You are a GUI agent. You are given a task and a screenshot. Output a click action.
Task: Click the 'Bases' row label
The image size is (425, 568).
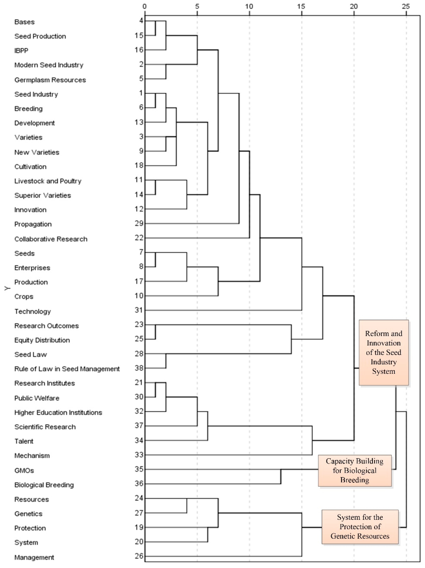(24, 22)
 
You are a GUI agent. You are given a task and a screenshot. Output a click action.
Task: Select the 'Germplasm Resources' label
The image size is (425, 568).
(50, 80)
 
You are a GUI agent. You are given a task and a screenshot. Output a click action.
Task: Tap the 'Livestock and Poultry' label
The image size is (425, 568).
(48, 181)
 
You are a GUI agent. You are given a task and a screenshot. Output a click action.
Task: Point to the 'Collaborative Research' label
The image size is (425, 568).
(51, 239)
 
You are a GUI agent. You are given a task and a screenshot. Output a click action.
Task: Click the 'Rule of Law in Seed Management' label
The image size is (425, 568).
(67, 369)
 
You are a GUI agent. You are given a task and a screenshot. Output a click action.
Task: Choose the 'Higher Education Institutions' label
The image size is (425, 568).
(58, 413)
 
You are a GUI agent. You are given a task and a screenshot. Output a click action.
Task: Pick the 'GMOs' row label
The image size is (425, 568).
(24, 470)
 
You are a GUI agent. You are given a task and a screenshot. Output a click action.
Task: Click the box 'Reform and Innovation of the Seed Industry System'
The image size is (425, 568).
(384, 352)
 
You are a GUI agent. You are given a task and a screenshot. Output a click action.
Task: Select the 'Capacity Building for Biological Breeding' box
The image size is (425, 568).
(355, 470)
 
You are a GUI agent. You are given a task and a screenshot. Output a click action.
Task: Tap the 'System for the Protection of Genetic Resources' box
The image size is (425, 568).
(360, 527)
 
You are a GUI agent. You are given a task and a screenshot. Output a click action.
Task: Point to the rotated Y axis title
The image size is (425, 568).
(7, 288)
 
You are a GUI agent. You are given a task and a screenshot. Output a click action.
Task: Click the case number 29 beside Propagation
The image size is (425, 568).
(139, 223)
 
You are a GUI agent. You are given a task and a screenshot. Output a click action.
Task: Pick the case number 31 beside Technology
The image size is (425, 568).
(139, 310)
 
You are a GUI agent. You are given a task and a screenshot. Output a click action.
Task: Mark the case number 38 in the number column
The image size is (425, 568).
(139, 368)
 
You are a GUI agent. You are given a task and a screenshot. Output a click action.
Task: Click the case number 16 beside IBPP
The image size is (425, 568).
(139, 50)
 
